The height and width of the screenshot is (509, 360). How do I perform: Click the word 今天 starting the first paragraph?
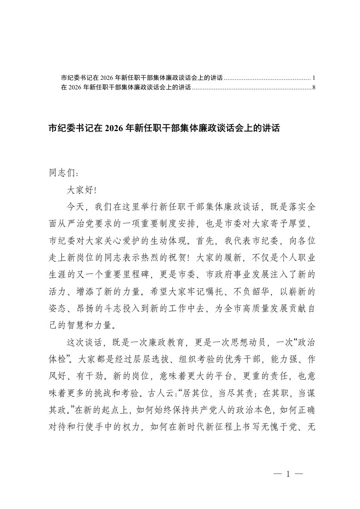(75, 206)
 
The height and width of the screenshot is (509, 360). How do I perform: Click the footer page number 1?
(288, 474)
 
